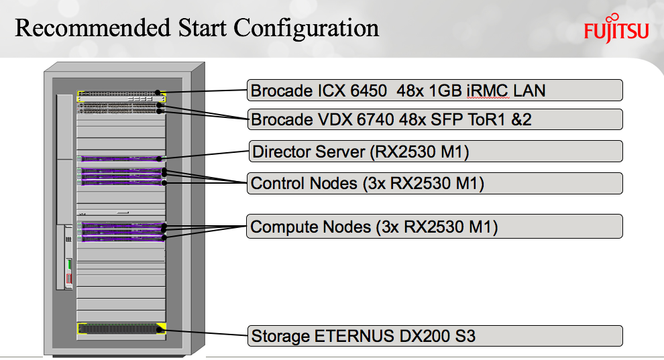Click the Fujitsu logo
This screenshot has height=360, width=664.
pos(616,31)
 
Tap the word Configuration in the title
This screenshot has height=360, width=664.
pos(306,28)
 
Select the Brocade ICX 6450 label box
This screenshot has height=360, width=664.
pos(435,90)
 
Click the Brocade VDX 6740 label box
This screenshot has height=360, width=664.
pos(435,119)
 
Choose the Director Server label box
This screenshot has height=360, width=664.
pos(435,152)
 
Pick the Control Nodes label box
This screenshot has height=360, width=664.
pos(435,183)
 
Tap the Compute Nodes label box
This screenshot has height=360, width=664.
pos(435,227)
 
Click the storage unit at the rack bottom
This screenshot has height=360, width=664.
pos(121,328)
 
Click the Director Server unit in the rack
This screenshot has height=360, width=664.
pos(121,158)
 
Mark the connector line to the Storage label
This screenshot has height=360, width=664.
pos(205,331)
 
